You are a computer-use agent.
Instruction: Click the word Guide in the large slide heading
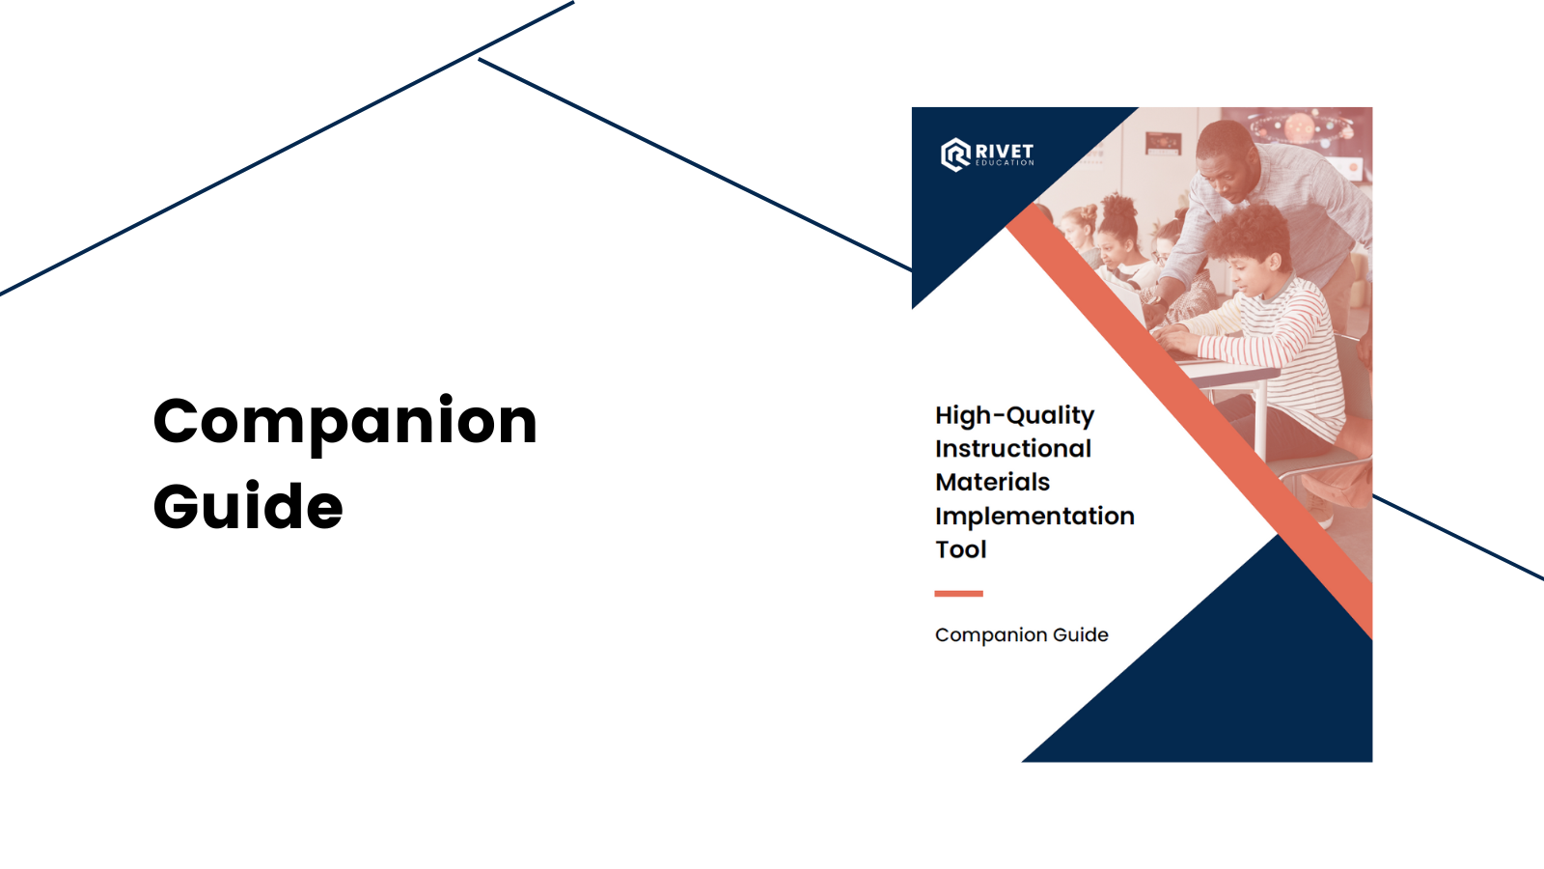248,506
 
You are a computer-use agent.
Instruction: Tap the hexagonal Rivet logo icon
956,154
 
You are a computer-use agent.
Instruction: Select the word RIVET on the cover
1005,151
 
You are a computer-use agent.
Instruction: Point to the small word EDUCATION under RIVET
1005,163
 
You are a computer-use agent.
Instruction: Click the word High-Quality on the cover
1014,416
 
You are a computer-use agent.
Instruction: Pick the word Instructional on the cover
1013,449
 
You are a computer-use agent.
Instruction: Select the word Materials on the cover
993,482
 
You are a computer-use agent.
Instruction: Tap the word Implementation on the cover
1034,517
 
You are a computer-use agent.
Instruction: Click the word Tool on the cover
961,549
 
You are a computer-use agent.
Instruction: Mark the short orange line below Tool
959,593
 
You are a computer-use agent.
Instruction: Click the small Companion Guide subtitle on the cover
1022,635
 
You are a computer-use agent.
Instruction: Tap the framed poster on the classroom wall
1164,144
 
